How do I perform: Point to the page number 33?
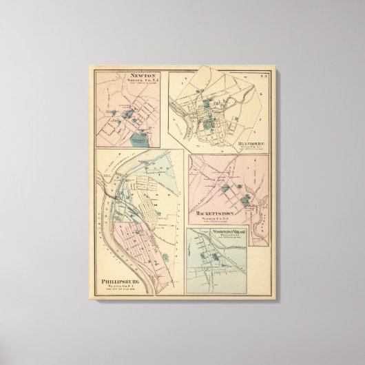pos(260,75)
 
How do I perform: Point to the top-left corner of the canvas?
pos(89,64)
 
